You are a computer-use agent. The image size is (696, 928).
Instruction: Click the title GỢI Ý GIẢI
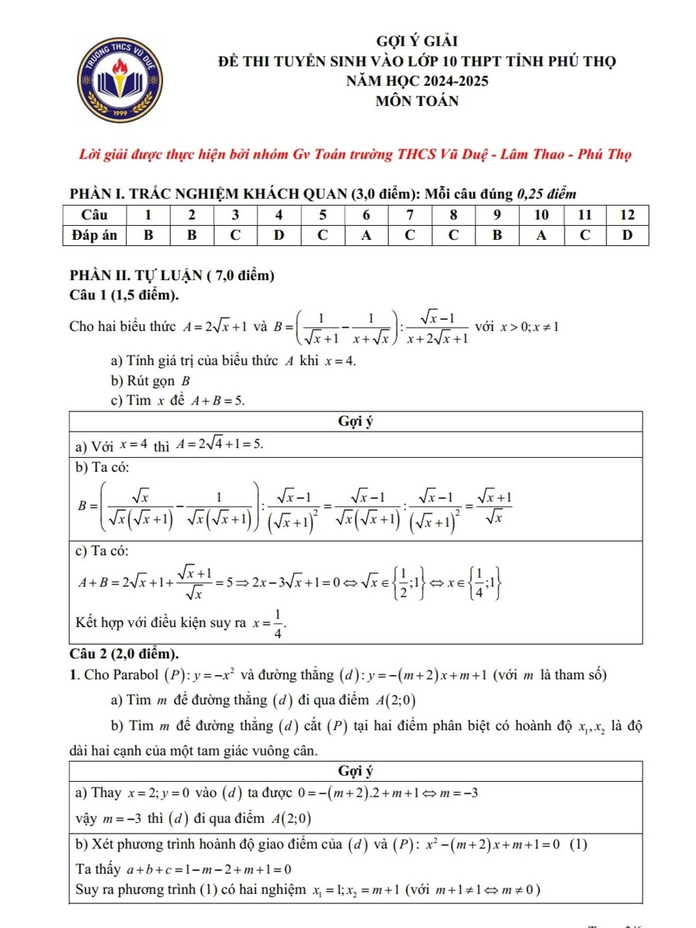tap(417, 41)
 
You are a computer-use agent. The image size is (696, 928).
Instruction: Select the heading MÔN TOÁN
tap(417, 101)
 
